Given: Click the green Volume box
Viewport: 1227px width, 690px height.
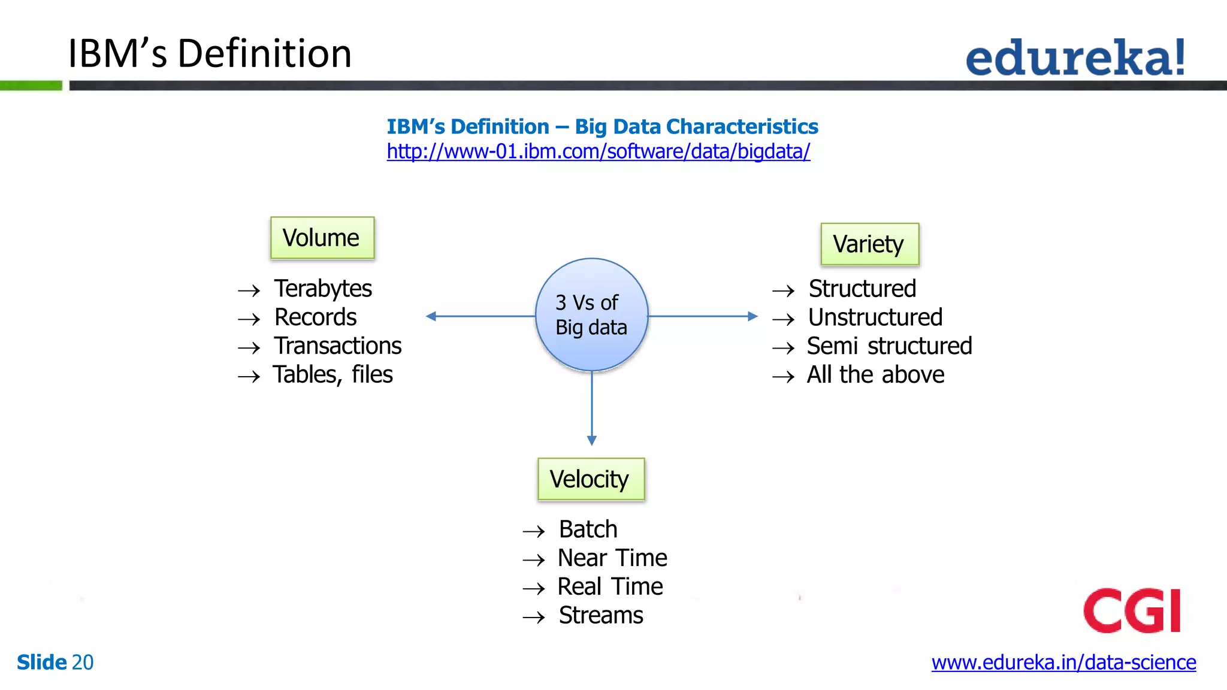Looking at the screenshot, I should click(x=322, y=238).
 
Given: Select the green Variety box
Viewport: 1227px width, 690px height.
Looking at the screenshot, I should click(x=869, y=244).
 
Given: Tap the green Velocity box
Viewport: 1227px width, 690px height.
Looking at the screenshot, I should click(x=591, y=479).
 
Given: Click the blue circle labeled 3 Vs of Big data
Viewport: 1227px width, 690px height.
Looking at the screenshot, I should click(x=591, y=315).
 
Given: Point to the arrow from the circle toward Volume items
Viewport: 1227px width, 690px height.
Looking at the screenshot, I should click(x=479, y=316).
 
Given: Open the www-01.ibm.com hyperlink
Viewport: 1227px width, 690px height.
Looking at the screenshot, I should click(x=598, y=152).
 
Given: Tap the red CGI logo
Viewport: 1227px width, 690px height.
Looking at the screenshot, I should click(x=1132, y=610).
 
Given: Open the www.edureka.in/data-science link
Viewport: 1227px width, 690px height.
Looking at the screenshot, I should click(x=1063, y=662).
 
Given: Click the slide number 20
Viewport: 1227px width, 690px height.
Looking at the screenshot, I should click(x=83, y=662).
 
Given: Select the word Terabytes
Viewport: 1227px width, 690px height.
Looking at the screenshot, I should click(x=323, y=289).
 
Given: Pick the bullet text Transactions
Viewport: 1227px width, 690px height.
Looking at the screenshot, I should click(x=338, y=346).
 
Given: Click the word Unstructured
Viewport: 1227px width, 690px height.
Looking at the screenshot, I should click(x=875, y=317).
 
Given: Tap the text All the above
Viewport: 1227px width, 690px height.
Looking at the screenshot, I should click(x=875, y=375).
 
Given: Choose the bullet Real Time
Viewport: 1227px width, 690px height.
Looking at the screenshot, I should click(x=610, y=586).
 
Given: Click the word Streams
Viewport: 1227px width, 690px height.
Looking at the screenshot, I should click(x=601, y=615).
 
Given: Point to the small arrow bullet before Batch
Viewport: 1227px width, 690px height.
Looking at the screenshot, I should click(x=533, y=531).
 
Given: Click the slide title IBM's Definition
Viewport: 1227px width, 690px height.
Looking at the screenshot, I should click(x=210, y=53).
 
